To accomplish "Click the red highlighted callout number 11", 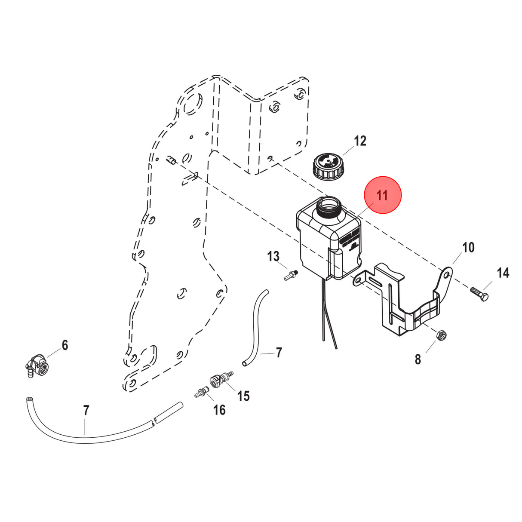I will coord(382,195).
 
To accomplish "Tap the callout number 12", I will coord(360,141).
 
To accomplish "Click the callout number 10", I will coord(468,247).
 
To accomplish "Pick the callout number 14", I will coord(503,273).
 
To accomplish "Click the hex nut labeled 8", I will coord(442,335).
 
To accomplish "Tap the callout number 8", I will coord(418,359).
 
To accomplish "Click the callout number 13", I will coord(273,257).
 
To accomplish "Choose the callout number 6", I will coord(65,345).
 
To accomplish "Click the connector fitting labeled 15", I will coord(220,379).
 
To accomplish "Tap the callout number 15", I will coord(243,396).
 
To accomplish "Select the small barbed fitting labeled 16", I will coord(201,392).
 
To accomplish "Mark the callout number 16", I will coord(219,410).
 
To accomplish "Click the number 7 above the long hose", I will coord(86,411).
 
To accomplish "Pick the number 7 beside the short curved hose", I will coord(279,353).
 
